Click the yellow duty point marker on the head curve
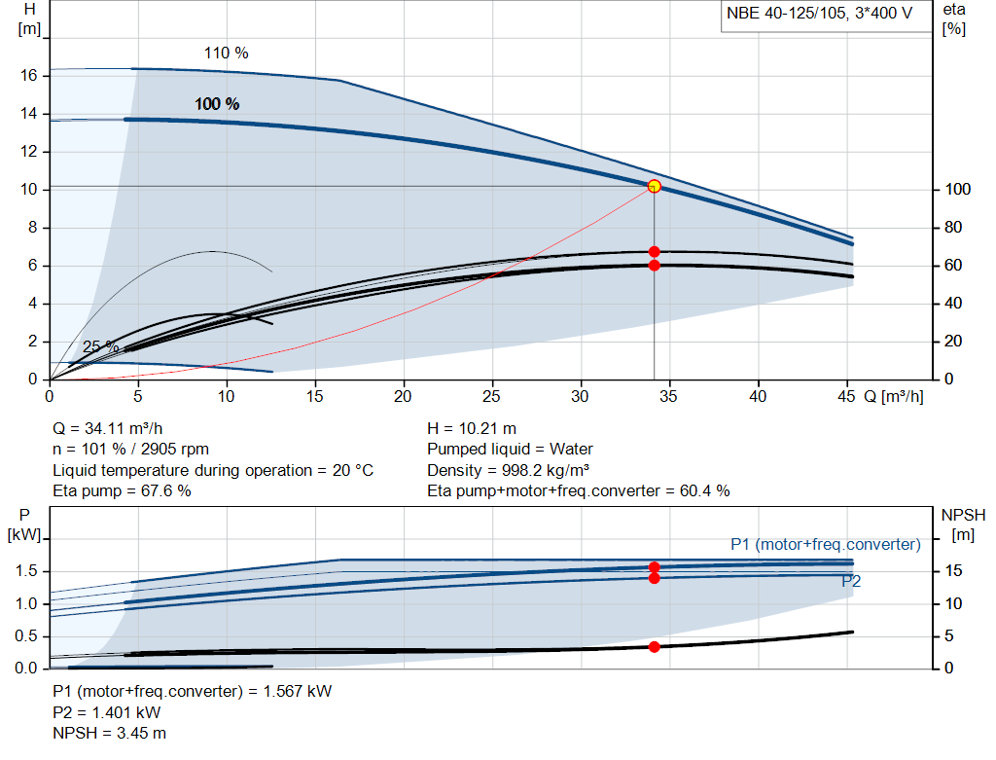654,186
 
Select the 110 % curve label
226,54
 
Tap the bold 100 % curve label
217,104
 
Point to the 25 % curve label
100,346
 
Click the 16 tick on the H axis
29,76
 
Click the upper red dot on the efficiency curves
654,252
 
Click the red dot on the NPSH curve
654,647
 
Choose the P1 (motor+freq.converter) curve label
825,544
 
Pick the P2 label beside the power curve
851,582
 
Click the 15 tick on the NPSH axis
955,571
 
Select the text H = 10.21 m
472,428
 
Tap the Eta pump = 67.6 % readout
122,490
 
